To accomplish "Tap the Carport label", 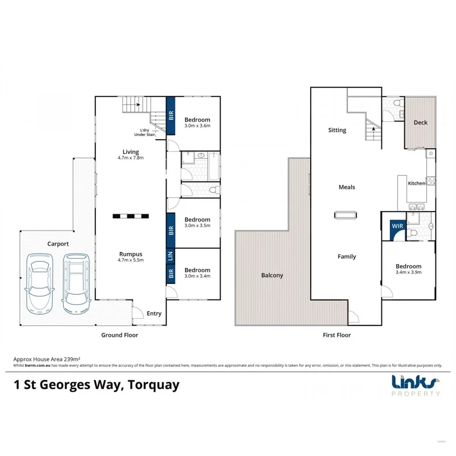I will pyautogui.click(x=58, y=244).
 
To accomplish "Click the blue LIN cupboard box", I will pyautogui.click(x=171, y=255).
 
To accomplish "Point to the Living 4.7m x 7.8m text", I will pyautogui.click(x=130, y=155).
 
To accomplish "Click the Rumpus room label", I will pyautogui.click(x=131, y=257).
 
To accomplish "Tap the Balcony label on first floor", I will pyautogui.click(x=272, y=275).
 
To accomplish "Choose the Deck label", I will pyautogui.click(x=420, y=123).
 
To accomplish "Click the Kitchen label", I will pyautogui.click(x=416, y=183).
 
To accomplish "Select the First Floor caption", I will pyautogui.click(x=336, y=335).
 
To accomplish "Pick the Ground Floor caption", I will pyautogui.click(x=120, y=335).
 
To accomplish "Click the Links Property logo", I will pyautogui.click(x=415, y=386).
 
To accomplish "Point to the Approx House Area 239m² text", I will pyautogui.click(x=41, y=358).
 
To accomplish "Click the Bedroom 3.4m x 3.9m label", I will pyautogui.click(x=408, y=269).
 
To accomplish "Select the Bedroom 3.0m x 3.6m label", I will pyautogui.click(x=197, y=123).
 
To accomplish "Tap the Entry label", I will pyautogui.click(x=154, y=314).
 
